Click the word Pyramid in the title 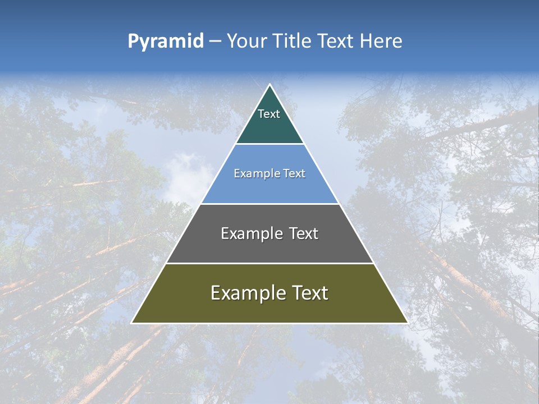click(x=166, y=42)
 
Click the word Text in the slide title click(x=336, y=42)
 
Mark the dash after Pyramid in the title click(x=215, y=42)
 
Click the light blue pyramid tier click(x=269, y=188)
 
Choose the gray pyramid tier click(x=269, y=247)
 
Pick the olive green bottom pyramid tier click(x=269, y=309)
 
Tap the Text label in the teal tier click(x=269, y=114)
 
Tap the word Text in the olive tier click(x=309, y=293)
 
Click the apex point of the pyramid click(x=269, y=85)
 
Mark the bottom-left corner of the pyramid click(x=132, y=323)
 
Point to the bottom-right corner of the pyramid click(x=407, y=323)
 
